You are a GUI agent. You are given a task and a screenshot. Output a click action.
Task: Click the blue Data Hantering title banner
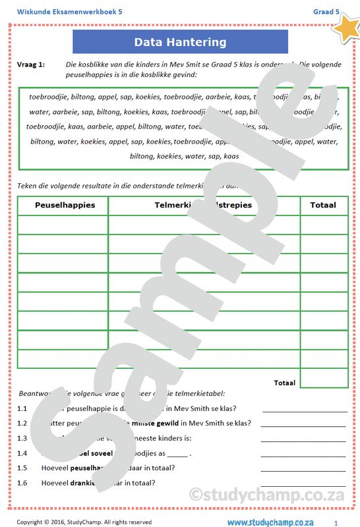180,42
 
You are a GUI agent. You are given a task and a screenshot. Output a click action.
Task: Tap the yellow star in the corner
345,26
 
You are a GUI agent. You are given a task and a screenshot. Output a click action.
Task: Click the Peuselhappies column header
65,205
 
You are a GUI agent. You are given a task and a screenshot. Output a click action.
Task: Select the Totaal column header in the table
323,205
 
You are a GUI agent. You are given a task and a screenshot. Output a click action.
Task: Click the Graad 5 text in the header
326,11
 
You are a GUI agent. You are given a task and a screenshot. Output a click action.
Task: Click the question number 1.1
22,408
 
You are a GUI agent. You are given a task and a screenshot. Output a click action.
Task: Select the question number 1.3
22,438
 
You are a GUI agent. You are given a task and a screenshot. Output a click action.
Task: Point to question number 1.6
22,483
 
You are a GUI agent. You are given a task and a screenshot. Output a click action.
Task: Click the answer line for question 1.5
303,470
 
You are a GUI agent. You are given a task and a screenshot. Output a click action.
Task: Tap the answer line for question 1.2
303,426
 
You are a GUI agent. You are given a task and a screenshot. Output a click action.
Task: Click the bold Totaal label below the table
284,382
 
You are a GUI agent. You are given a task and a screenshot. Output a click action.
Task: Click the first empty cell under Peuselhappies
63,225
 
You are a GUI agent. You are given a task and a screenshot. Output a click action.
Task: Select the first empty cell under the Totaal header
323,225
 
